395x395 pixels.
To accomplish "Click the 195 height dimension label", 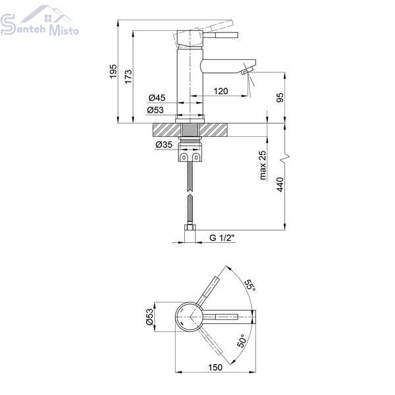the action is point(113,71).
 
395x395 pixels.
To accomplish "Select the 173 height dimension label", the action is point(128,76).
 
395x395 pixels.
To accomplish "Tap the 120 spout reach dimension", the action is point(221,91).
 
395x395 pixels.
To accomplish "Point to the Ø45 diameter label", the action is point(157,97).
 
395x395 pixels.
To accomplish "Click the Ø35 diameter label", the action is point(164,145).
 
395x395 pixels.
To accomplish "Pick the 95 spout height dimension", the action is point(280,97).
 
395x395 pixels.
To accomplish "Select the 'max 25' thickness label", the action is point(262,165).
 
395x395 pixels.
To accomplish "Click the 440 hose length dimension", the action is point(280,184).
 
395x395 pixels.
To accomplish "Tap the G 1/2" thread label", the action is point(222,238).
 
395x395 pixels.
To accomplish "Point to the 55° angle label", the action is point(250,285).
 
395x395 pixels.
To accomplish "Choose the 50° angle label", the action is point(242,341).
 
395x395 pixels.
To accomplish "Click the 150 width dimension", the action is point(215,367).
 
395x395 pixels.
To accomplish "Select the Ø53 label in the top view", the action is point(149,317).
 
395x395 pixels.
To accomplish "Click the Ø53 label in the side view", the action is point(155,110).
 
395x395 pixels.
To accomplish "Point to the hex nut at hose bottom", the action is point(190,227).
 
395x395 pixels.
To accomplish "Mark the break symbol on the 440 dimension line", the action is point(285,158).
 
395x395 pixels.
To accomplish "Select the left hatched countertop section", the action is point(167,130).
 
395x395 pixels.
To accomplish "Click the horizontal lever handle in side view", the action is point(221,36).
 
